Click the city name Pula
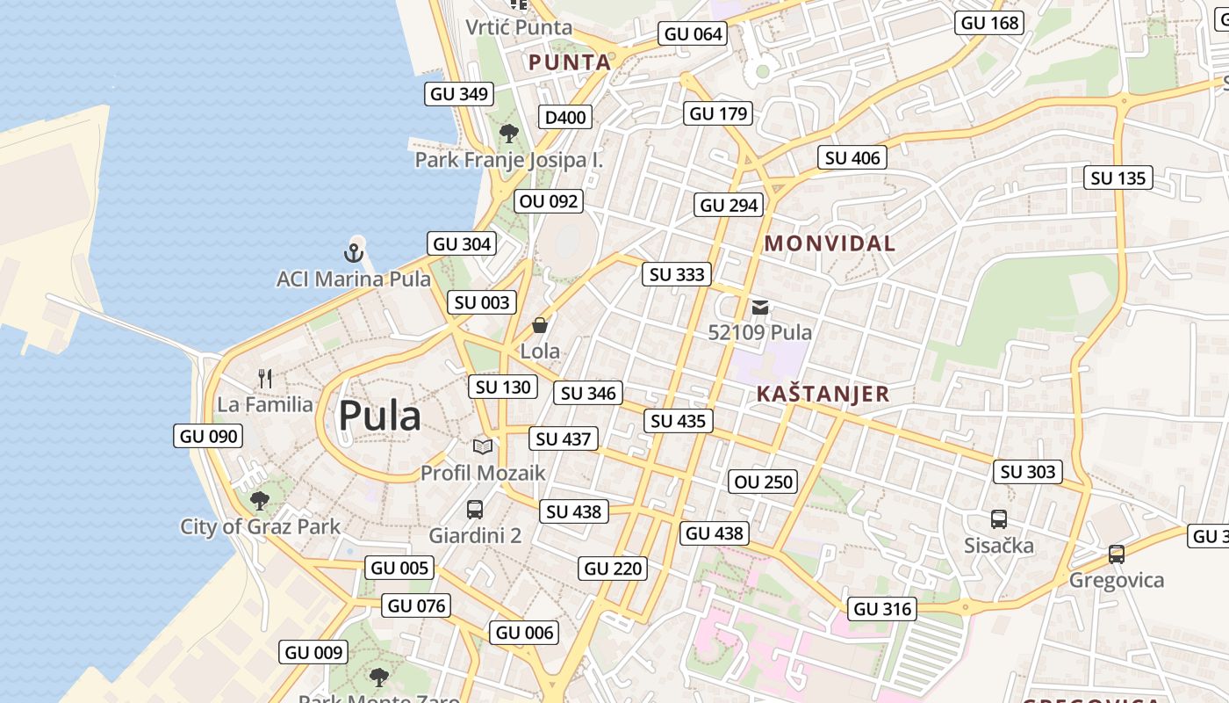point(379,416)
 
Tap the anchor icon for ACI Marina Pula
point(353,254)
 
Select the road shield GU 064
point(694,34)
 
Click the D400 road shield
point(564,118)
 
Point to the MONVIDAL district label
point(830,243)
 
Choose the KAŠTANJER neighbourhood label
point(823,394)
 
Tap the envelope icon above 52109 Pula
point(760,308)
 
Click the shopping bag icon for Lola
point(539,326)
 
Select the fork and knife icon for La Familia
point(265,379)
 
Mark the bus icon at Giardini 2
point(475,509)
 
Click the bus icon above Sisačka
point(999,519)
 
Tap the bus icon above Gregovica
point(1116,554)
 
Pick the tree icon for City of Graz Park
point(259,501)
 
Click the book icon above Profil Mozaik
point(483,446)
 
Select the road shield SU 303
point(1028,472)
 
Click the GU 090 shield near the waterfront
point(209,436)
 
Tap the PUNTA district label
point(570,62)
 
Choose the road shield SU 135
point(1118,178)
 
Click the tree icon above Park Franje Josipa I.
point(508,134)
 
